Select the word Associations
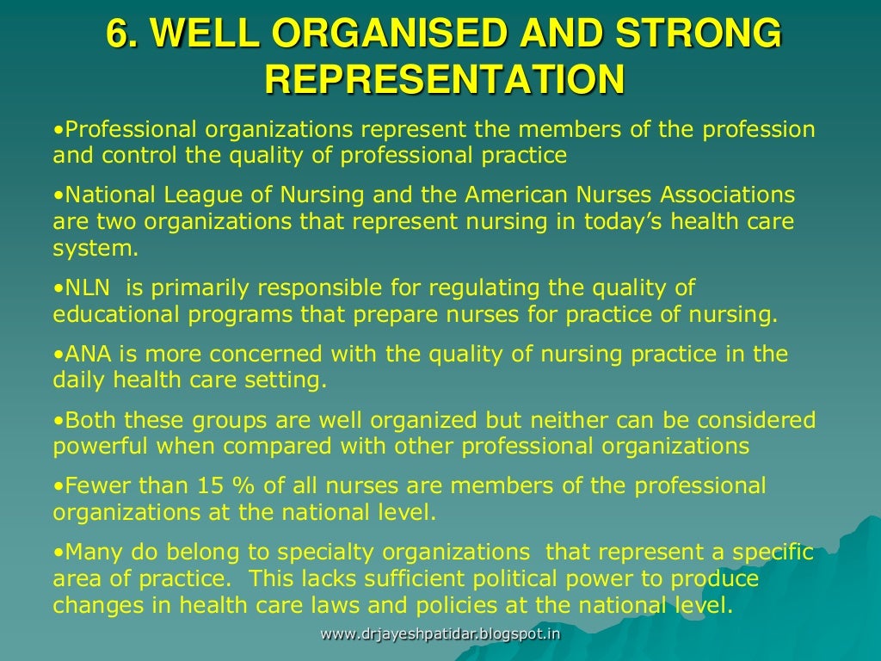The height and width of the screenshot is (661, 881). [718, 194]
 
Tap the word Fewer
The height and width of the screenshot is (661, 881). [95, 485]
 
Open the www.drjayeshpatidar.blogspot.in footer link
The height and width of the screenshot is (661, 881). [440, 634]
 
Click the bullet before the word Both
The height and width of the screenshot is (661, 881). [58, 421]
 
